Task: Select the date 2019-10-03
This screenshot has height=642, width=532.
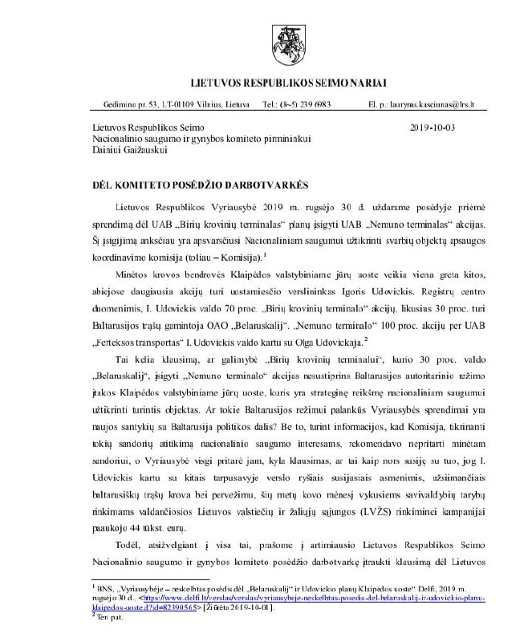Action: [431, 128]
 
